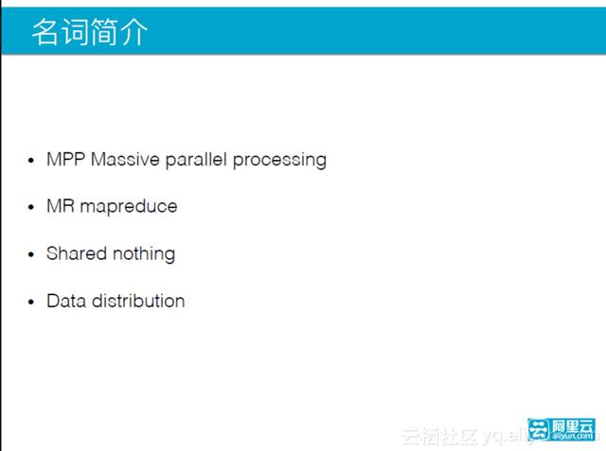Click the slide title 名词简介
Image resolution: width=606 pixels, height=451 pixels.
coord(89,32)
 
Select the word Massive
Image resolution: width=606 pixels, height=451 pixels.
coord(125,160)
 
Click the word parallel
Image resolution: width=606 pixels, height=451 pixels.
coord(196,160)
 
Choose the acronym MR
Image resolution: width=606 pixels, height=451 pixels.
coord(61,206)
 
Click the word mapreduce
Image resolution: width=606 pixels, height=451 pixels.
coord(128,207)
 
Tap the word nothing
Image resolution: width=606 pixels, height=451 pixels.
coord(143,254)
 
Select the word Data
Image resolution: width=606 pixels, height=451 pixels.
coord(64,301)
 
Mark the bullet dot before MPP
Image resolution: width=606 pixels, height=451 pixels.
coord(32,161)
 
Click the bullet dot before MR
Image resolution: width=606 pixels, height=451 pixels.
coord(32,207)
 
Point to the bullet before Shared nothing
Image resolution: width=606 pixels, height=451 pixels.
coord(32,254)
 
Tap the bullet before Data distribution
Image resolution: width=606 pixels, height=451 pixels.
coord(32,302)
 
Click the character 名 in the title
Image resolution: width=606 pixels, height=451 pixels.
coord(45,32)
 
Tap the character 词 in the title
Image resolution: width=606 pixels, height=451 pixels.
coord(75,32)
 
